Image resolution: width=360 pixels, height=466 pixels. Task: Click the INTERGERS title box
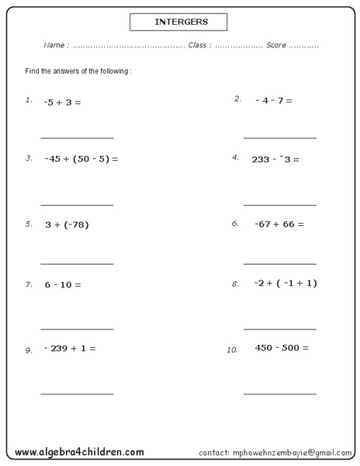pos(179,22)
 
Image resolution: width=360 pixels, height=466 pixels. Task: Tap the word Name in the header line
pos(54,46)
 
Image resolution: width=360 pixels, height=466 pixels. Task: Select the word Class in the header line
pos(198,46)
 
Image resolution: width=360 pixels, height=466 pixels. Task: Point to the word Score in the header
pos(276,46)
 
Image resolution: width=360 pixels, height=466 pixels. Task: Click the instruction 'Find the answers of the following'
pos(78,71)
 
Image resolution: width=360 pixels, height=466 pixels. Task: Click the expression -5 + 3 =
pos(63,102)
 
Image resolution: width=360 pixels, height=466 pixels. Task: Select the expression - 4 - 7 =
pos(274,101)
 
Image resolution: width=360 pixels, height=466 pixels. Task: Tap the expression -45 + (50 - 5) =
pos(81,159)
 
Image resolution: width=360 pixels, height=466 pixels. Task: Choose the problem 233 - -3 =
pos(275,159)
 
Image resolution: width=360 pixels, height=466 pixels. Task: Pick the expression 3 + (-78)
pos(67,224)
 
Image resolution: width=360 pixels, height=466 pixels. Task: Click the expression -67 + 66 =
pos(279,224)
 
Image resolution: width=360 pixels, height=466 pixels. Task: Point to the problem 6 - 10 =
pos(63,284)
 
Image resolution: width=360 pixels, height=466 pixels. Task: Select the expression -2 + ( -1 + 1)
pos(286,283)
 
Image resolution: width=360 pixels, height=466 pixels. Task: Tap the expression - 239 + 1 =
pos(70,348)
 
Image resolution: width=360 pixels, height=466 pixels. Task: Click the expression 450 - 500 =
pos(282,347)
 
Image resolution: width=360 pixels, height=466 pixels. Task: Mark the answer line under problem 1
pos(77,138)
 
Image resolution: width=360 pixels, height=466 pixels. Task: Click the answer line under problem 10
pos(279,394)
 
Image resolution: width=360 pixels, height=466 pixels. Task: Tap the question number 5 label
pos(29,224)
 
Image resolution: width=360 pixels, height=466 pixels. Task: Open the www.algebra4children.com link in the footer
pos(79,451)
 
